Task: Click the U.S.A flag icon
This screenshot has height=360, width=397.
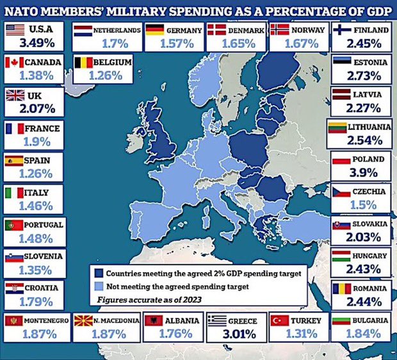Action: pyautogui.click(x=16, y=29)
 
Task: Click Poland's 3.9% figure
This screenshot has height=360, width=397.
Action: pyautogui.click(x=361, y=174)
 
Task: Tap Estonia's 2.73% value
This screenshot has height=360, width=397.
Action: pyautogui.click(x=361, y=76)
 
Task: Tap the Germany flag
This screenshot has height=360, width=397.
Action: pyautogui.click(x=154, y=29)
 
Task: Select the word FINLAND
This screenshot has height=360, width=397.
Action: pyautogui.click(x=371, y=29)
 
